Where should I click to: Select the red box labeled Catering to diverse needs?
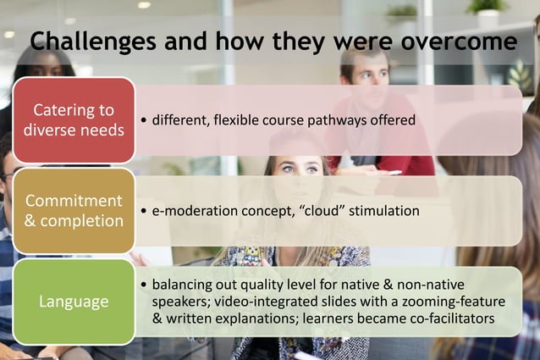pyautogui.click(x=74, y=120)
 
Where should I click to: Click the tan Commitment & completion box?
pyautogui.click(x=74, y=211)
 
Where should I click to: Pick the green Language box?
pyautogui.click(x=74, y=302)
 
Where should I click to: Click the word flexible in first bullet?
pyautogui.click(x=238, y=120)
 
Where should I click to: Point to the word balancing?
pyautogui.click(x=181, y=285)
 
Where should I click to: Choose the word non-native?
pyautogui.click(x=427, y=285)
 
